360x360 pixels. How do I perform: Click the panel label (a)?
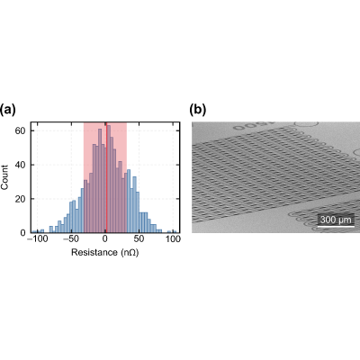click(7, 111)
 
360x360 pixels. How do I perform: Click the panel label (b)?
click(198, 111)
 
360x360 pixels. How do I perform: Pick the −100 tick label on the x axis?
click(38, 239)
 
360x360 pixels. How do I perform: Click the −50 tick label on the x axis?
click(71, 239)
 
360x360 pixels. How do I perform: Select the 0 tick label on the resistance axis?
click(105, 239)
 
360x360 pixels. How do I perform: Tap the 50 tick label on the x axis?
click(139, 239)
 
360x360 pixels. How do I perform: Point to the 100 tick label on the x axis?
click(173, 239)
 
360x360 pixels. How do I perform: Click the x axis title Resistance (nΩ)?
click(105, 252)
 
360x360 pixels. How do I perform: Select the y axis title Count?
click(4, 177)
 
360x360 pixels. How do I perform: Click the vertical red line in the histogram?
click(106, 177)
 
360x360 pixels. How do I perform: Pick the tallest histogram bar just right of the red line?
click(109, 179)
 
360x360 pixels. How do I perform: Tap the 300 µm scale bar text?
click(336, 220)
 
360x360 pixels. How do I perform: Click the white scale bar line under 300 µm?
click(336, 226)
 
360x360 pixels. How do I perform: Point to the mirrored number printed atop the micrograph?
click(254, 126)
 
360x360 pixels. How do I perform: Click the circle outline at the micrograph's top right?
click(306, 124)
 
